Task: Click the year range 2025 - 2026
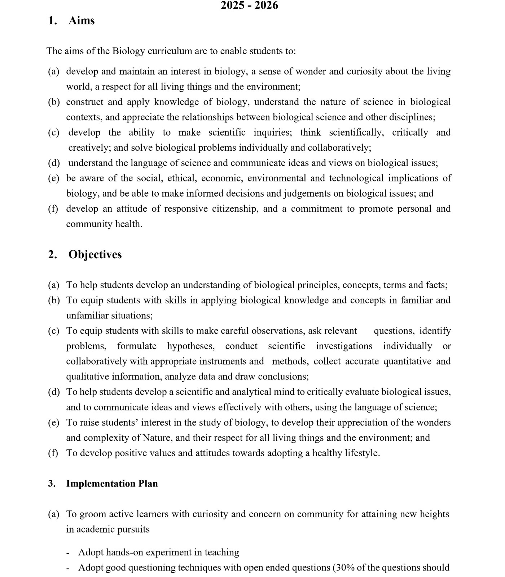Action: click(x=249, y=5)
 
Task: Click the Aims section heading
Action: click(x=82, y=21)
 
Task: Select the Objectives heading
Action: click(x=95, y=255)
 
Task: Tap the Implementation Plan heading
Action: click(x=112, y=484)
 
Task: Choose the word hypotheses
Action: click(x=190, y=346)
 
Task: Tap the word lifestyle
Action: click(x=361, y=453)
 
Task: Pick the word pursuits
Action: click(x=132, y=530)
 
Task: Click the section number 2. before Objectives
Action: click(x=52, y=255)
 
